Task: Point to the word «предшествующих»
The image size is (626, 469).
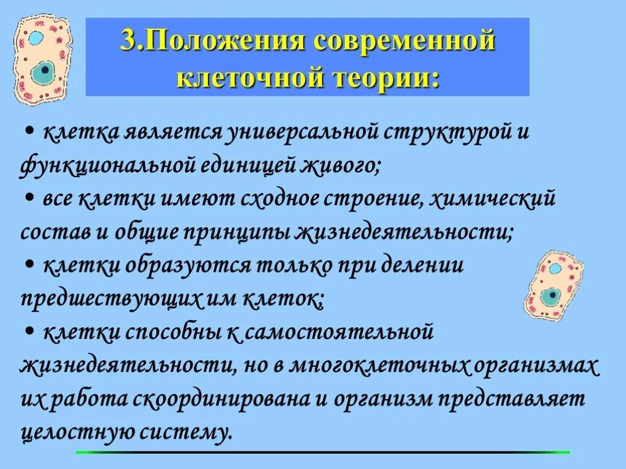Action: click(112, 299)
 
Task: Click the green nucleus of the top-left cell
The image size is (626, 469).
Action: click(43, 73)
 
